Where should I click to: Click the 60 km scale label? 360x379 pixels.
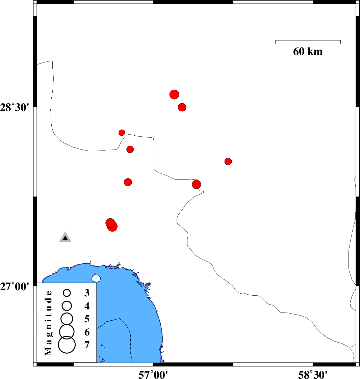308,52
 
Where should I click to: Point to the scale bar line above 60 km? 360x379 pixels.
308,40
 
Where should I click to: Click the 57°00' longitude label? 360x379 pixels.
154,374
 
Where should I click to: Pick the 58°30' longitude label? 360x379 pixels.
313,374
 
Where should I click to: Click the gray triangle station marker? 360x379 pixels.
65,238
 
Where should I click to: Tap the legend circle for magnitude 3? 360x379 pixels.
67,293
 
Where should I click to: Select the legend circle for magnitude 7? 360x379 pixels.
67,345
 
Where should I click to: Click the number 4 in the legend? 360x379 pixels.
87,306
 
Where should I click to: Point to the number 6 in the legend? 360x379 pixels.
87,332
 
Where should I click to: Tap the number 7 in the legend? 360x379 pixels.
87,345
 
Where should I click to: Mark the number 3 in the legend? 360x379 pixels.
87,293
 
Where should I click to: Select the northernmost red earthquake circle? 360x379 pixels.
174,94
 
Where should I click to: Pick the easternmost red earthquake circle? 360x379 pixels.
228,161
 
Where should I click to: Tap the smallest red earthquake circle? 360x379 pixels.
122,133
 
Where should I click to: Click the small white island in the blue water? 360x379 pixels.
96,278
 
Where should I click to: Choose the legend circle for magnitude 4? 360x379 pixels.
67,306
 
